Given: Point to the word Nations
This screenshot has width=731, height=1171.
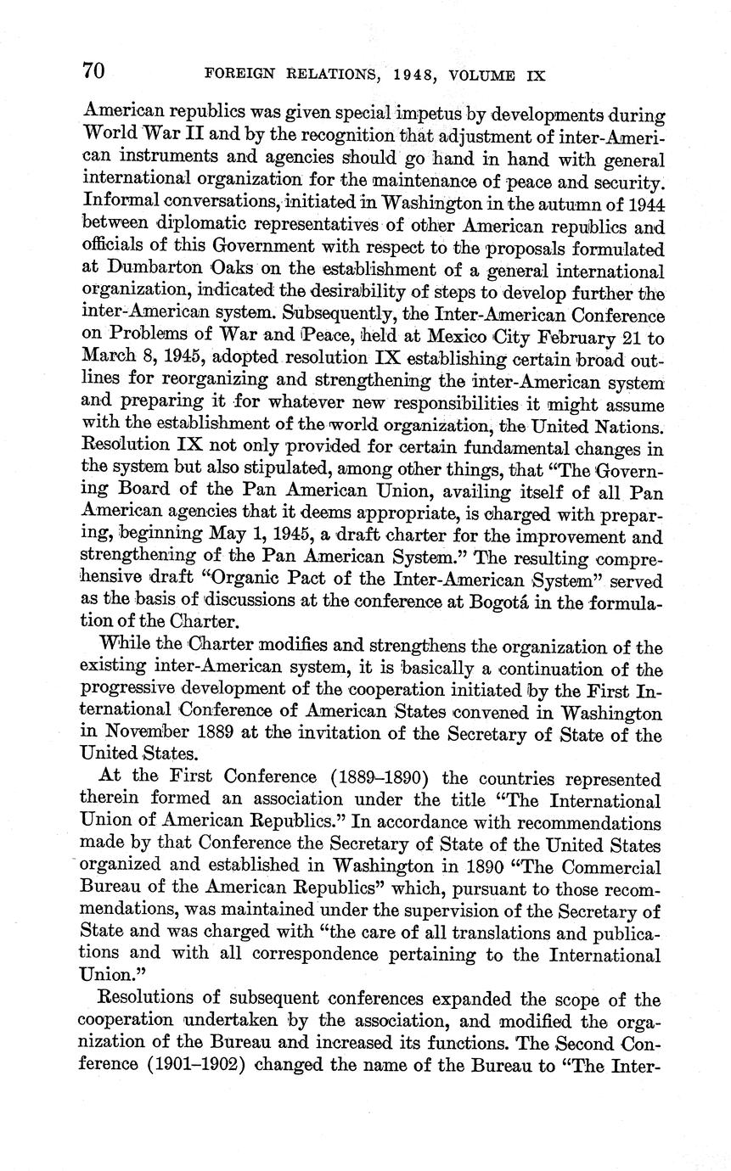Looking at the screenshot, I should pos(623,427).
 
